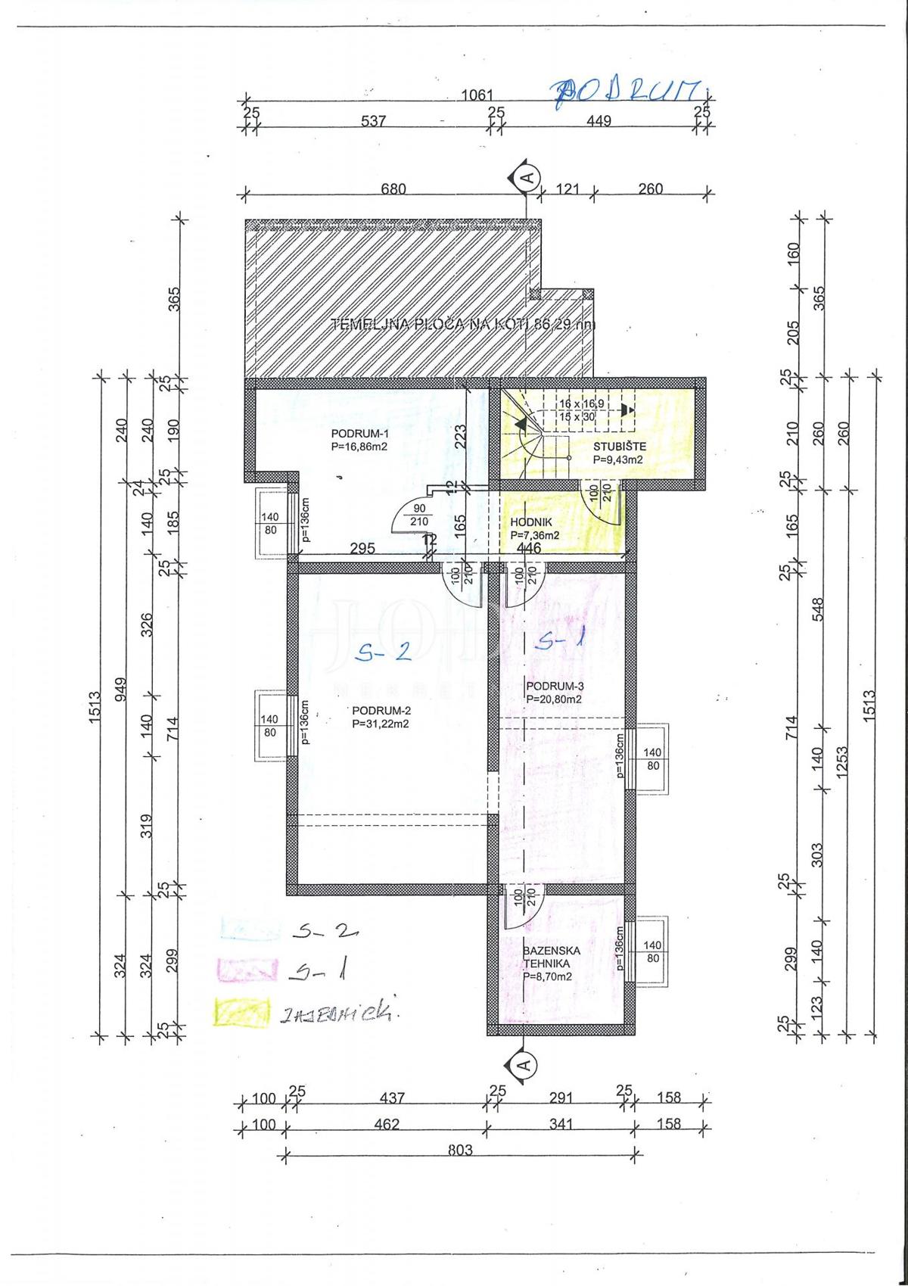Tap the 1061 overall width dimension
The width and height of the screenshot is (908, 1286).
click(477, 95)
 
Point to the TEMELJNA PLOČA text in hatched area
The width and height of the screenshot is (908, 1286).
click(463, 325)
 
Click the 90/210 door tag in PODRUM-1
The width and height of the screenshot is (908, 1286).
click(418, 515)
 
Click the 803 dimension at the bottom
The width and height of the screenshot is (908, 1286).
click(459, 1171)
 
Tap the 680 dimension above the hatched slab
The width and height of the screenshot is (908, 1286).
click(393, 189)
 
